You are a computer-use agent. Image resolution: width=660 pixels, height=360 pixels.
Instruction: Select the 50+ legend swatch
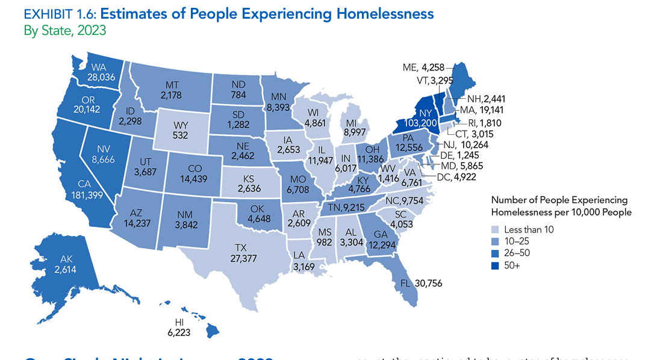point(496,265)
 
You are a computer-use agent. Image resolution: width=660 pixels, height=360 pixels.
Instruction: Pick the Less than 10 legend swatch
point(496,229)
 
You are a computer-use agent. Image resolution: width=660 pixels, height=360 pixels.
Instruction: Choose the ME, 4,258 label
point(425,67)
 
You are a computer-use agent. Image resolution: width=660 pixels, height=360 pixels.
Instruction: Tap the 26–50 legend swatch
point(496,253)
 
